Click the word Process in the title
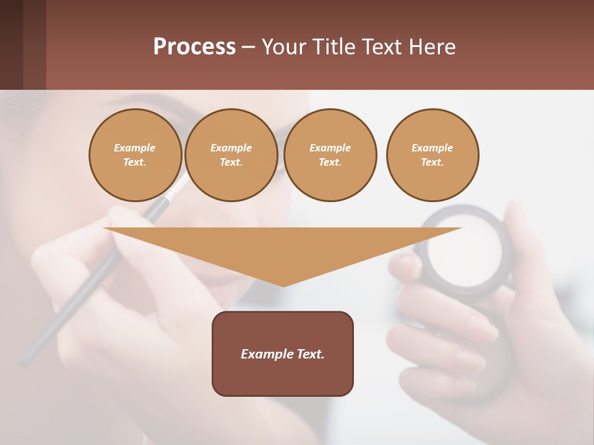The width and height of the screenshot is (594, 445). (194, 46)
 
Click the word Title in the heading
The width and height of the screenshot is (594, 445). (334, 47)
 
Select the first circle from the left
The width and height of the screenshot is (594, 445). (135, 155)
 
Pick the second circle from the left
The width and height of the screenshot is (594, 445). (231, 155)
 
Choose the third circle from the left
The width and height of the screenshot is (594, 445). (330, 155)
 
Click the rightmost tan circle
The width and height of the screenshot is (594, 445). (432, 155)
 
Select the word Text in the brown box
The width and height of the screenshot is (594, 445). (310, 354)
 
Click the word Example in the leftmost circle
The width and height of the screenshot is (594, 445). (135, 148)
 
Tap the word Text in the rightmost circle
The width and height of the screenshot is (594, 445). (432, 163)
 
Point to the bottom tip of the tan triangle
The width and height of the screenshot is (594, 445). (283, 285)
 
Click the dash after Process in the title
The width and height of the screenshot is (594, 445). (249, 47)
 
